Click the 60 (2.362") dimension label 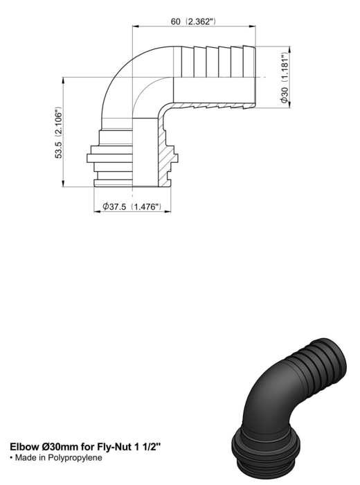point(193,21)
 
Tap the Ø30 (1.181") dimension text point(285,78)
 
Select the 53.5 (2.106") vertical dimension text point(58,133)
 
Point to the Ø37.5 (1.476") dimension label point(132,206)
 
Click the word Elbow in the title point(24,447)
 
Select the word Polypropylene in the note point(75,457)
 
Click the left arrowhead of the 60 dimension point(135,26)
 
